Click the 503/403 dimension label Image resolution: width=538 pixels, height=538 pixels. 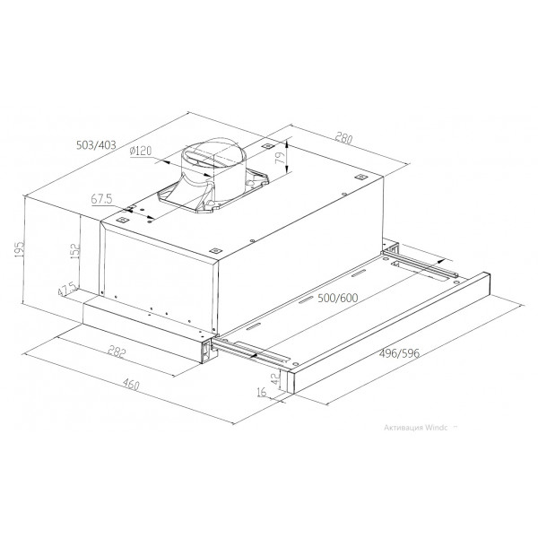pos(96,145)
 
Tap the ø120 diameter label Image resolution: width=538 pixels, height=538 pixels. pos(141,151)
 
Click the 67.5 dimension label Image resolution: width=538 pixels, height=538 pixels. pos(101,199)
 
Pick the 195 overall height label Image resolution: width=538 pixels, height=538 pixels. pos(19,249)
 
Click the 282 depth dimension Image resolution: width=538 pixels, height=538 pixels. pos(117,351)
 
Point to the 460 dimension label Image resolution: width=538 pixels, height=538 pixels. pos(131,385)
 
